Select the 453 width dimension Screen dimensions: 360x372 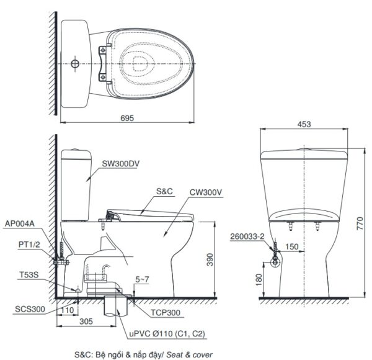tap(303, 124)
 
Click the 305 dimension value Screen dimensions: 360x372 tap(86, 322)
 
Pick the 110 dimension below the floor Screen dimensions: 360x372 tap(68, 310)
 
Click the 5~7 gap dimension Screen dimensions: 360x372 tap(142, 281)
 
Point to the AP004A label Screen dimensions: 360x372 tap(20, 223)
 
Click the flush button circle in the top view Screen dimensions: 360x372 tap(75, 63)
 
